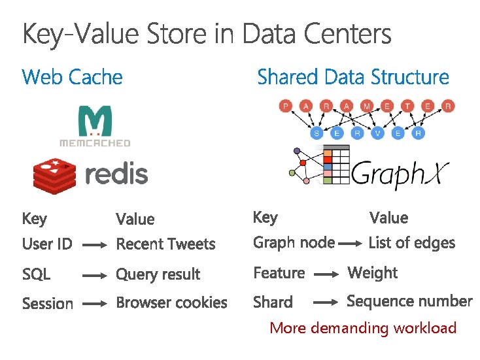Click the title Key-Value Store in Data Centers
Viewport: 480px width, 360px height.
pyautogui.click(x=207, y=33)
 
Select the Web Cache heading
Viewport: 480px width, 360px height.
pyautogui.click(x=72, y=77)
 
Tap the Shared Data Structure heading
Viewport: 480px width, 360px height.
pyautogui.click(x=353, y=77)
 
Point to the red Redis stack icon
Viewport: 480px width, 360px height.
pyautogui.click(x=55, y=174)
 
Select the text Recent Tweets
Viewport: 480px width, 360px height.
pyautogui.click(x=165, y=244)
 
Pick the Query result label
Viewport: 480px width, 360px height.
pyautogui.click(x=158, y=274)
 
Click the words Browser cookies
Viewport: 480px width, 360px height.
pyautogui.click(x=171, y=303)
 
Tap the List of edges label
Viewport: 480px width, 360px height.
pyautogui.click(x=411, y=243)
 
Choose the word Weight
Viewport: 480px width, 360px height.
pyautogui.click(x=372, y=272)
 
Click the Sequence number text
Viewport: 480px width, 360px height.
pyautogui.click(x=409, y=301)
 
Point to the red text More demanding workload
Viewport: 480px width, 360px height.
pyautogui.click(x=363, y=328)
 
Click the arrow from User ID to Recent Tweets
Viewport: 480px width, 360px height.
pyautogui.click(x=95, y=246)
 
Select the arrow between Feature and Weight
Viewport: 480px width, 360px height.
pyautogui.click(x=326, y=275)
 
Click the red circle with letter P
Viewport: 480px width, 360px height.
pyautogui.click(x=285, y=106)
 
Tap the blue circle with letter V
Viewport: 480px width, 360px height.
pyautogui.click(x=378, y=133)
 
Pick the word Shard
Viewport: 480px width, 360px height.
pyautogui.click(x=273, y=303)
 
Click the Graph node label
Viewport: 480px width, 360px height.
pyautogui.click(x=294, y=243)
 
